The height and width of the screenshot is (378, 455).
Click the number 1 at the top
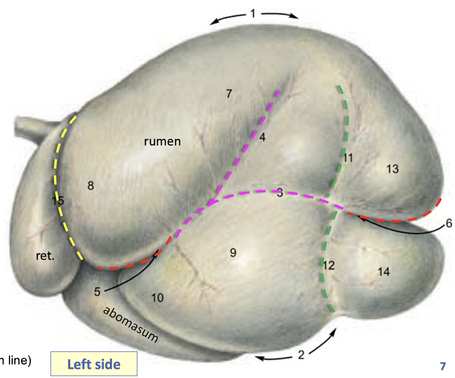click(253, 13)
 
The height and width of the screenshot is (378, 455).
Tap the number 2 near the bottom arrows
click(301, 354)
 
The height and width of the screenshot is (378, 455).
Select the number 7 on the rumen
click(229, 93)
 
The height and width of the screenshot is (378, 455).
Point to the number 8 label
click(90, 186)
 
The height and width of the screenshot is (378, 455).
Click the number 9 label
click(233, 252)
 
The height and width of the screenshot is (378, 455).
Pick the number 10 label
click(157, 298)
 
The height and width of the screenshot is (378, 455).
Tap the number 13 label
click(392, 169)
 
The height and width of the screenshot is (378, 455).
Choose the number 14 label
click(384, 272)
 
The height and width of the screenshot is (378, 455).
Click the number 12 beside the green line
click(329, 265)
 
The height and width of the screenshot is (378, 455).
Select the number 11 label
click(348, 158)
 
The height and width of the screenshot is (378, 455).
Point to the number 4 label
click(262, 137)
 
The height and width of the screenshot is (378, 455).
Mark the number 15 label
click(58, 201)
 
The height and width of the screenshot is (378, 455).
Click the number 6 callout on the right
click(448, 224)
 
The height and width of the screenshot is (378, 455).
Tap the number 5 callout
click(97, 291)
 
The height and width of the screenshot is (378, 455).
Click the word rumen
click(162, 142)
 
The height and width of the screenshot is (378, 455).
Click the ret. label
click(46, 256)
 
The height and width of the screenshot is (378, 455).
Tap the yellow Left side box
click(94, 364)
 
